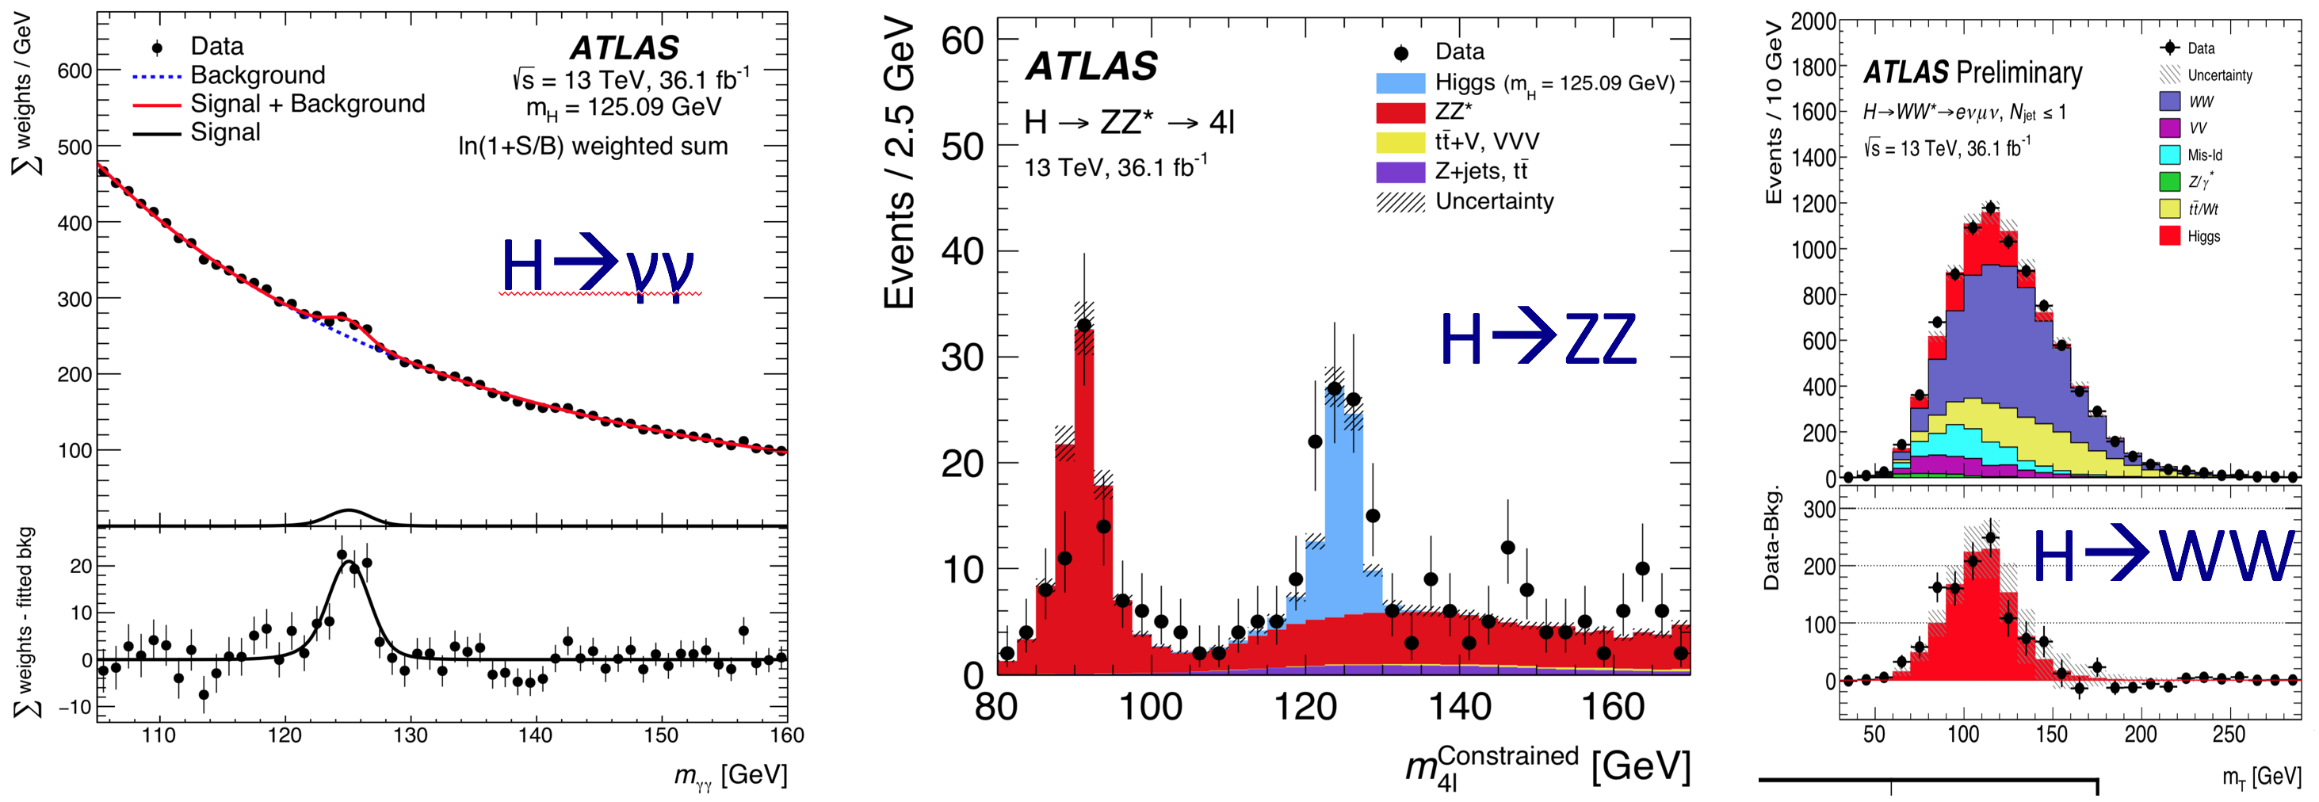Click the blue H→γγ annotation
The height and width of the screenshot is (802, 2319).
[x=598, y=265]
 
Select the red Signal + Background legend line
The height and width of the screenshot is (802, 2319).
[x=157, y=105]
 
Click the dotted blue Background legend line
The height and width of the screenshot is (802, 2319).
[x=157, y=77]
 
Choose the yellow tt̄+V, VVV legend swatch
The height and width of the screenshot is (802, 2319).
[x=1400, y=142]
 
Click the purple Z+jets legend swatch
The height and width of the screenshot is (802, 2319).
[x=1400, y=172]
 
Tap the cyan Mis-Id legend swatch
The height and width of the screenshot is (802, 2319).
[x=2169, y=155]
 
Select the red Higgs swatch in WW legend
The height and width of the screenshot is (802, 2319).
[x=2169, y=236]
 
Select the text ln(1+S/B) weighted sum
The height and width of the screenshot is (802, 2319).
[x=592, y=146]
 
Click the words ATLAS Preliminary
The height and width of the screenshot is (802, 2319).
[x=1973, y=72]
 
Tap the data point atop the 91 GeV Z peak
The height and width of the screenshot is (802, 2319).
[x=1084, y=325]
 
